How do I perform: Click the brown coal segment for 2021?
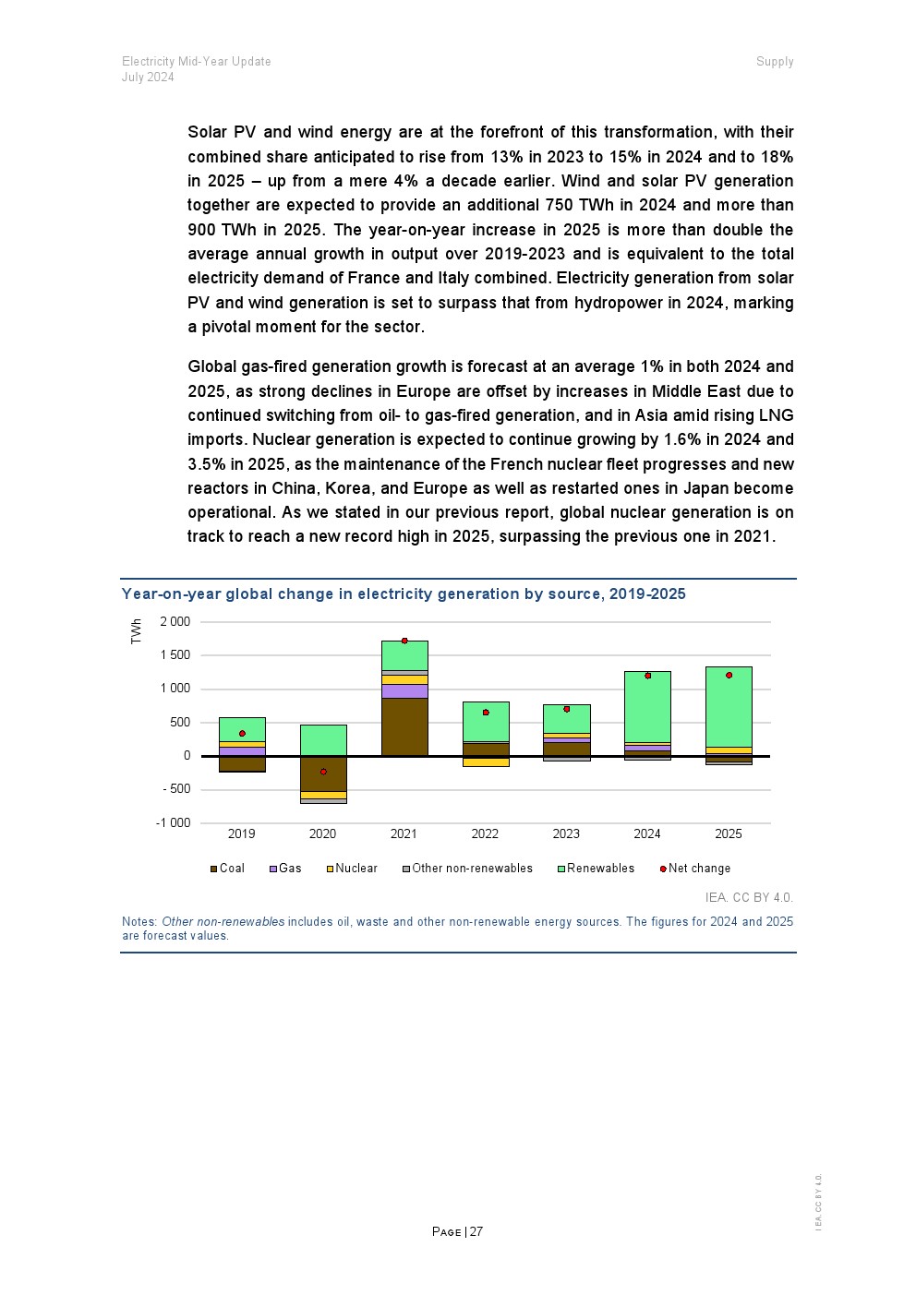tap(404, 726)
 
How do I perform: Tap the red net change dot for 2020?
tap(323, 772)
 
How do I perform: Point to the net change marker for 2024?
tap(648, 676)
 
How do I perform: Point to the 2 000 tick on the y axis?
tap(175, 622)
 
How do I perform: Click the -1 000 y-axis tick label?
tap(174, 823)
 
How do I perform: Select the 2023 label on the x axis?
tap(566, 834)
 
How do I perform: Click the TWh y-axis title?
tap(137, 631)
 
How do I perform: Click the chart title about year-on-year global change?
tap(404, 594)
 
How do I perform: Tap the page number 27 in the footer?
tap(476, 1232)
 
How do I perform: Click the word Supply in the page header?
tap(775, 62)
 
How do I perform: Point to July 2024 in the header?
tap(148, 78)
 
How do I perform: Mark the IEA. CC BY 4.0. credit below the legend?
tap(749, 897)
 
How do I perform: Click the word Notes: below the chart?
tap(139, 922)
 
